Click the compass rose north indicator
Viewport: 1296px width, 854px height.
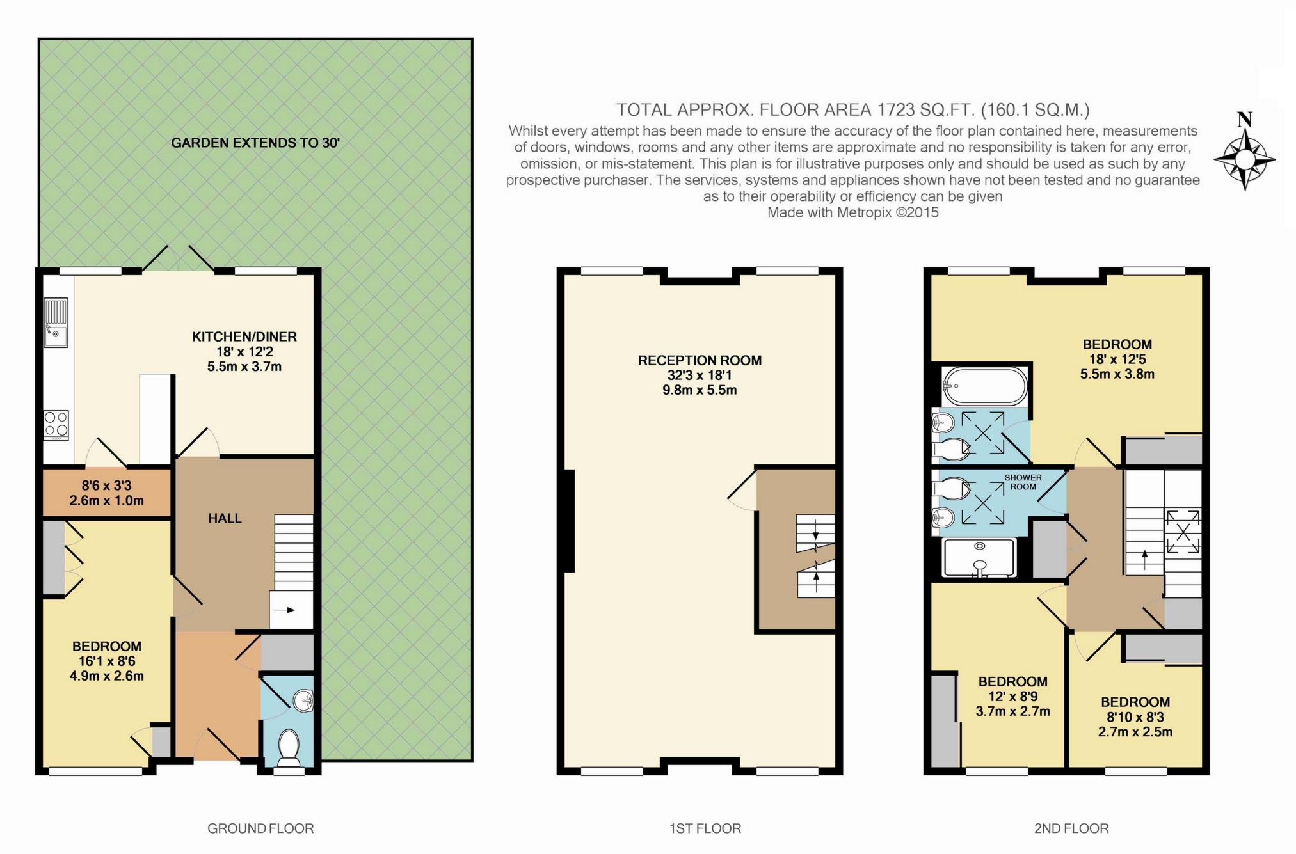click(1244, 120)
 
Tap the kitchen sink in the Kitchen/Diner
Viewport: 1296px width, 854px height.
click(56, 323)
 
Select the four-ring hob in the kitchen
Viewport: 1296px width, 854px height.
click(56, 425)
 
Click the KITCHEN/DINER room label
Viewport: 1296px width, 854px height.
click(244, 336)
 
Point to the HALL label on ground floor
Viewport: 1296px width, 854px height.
click(225, 518)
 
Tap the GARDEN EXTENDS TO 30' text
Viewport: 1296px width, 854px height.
click(255, 143)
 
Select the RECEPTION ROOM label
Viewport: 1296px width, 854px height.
click(700, 360)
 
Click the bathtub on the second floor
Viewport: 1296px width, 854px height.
click(985, 386)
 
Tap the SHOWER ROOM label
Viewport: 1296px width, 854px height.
click(1023, 482)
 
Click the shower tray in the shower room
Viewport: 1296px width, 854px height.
click(980, 557)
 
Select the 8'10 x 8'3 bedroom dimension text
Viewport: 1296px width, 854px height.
click(1135, 717)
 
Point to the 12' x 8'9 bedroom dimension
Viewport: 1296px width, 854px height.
click(1012, 697)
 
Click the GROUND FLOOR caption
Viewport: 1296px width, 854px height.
click(260, 828)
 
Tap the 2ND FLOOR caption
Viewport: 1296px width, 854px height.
click(1071, 828)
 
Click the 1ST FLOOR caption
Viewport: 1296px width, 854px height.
click(705, 828)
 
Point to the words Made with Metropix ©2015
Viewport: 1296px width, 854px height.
click(852, 212)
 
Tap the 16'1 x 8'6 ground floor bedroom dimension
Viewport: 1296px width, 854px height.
click(106, 661)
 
